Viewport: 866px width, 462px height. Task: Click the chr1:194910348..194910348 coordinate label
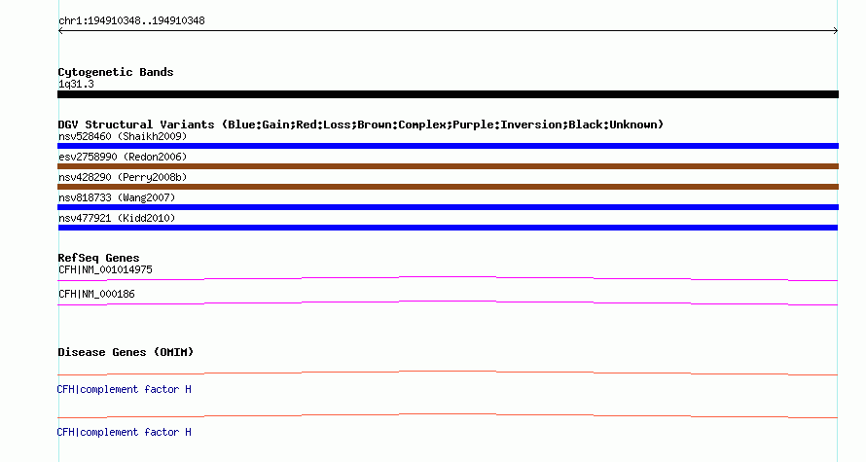coord(131,21)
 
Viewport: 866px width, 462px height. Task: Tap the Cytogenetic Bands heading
coord(116,72)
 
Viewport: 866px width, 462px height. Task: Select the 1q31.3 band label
coord(76,84)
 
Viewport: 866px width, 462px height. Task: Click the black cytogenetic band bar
coord(448,94)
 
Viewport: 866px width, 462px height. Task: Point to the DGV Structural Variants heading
coord(361,124)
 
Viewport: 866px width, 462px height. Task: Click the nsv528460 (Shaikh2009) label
coord(123,136)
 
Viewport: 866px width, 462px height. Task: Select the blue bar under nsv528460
coord(448,146)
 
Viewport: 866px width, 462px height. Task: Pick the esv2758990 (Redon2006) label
coord(123,157)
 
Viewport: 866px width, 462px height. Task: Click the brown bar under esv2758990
coord(448,166)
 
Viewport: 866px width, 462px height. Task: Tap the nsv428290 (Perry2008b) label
coord(123,177)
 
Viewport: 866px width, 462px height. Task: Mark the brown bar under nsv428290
coord(448,187)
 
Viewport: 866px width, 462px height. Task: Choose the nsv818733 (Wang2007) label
coord(117,197)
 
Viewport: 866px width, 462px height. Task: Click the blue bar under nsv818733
coord(448,207)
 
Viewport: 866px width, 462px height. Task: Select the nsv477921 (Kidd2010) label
coord(117,218)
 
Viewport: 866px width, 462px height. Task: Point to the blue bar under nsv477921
coord(448,228)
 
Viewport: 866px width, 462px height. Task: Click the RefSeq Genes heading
coord(98,258)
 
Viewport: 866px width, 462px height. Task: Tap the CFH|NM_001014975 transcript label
coord(105,270)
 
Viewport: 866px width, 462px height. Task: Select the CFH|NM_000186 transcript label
coord(96,294)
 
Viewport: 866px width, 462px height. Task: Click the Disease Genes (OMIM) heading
coord(126,352)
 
